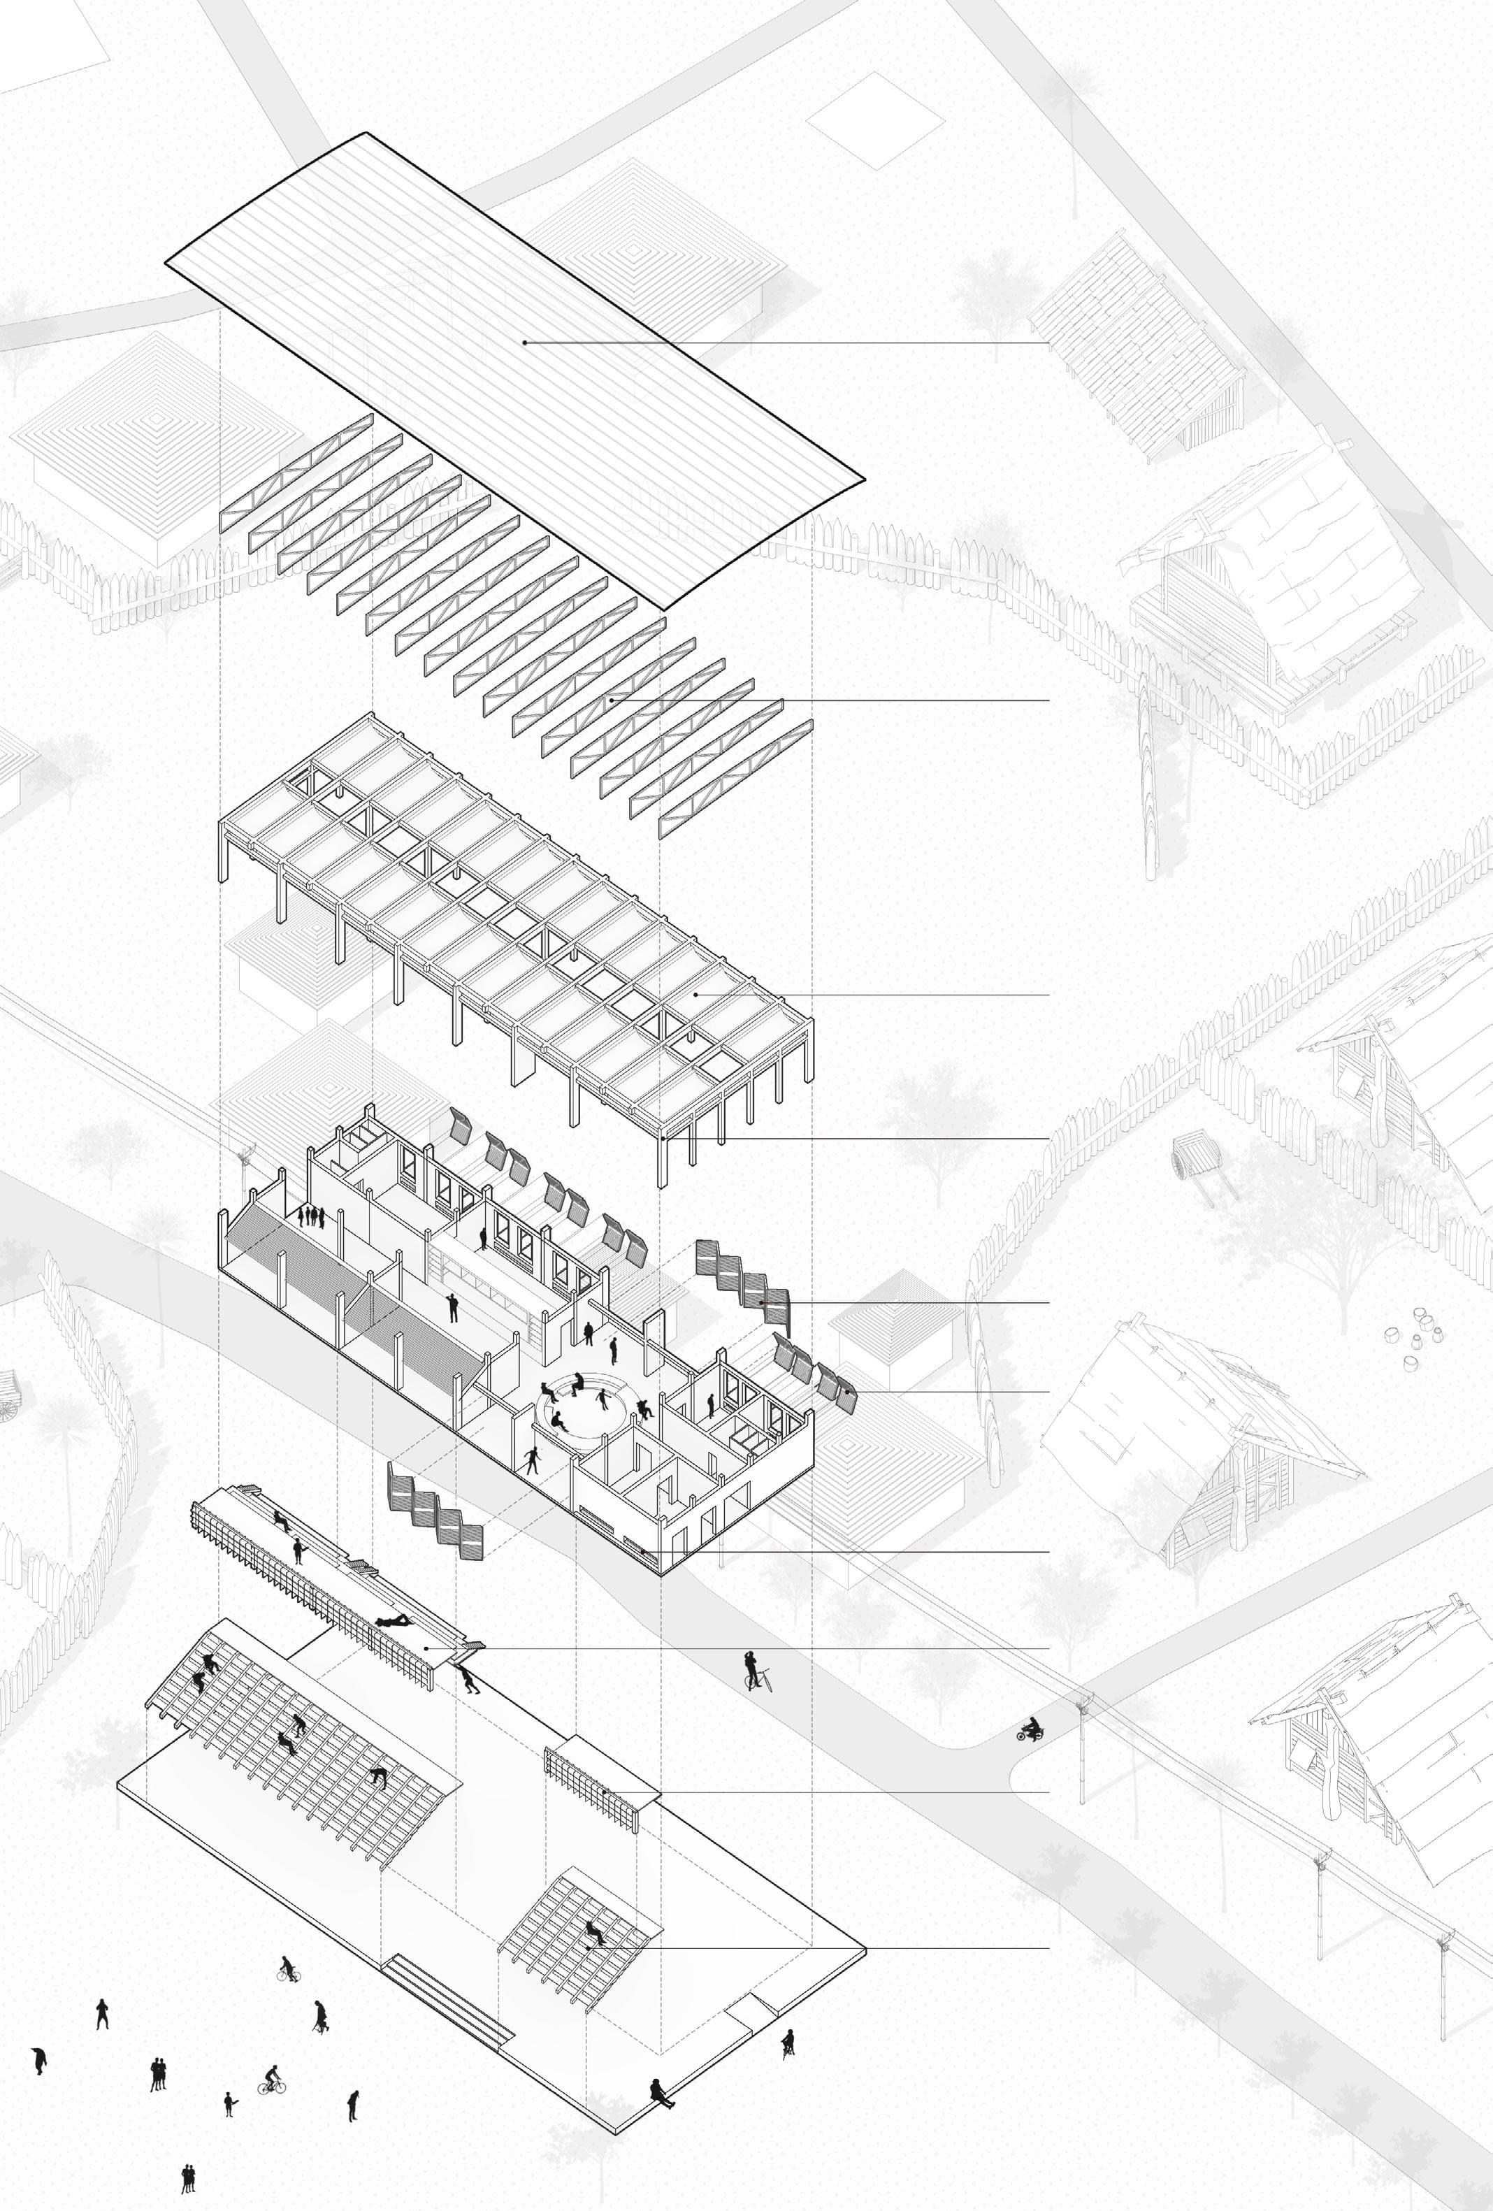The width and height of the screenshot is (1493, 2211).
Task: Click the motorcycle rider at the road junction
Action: [1030, 1729]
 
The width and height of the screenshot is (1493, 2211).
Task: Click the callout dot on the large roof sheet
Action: [524, 342]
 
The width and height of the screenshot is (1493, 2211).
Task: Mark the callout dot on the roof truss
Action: [611, 699]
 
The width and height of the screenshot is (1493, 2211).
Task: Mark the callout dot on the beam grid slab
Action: [697, 994]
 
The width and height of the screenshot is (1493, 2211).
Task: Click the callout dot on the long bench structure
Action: [426, 1648]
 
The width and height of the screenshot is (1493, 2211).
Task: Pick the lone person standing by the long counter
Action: [453, 1307]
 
